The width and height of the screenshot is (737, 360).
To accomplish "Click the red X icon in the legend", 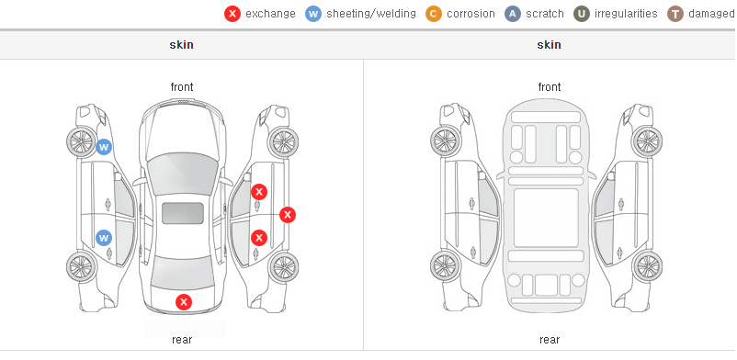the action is point(232,14).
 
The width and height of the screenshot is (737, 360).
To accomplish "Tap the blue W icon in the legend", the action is point(313,14).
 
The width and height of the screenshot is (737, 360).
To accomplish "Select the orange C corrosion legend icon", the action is point(434,14).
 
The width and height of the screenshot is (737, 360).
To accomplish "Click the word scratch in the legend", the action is point(545,14).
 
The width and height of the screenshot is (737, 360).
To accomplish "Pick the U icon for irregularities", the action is point(582,14).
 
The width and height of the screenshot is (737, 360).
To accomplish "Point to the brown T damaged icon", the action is point(675,14).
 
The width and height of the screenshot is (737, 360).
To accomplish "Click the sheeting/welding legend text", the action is point(371,14).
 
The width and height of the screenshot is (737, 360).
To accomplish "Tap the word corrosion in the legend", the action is point(471,14).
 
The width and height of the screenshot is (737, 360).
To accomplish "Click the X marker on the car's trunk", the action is point(184,302).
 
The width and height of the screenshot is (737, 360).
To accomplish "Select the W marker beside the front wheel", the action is point(104,147).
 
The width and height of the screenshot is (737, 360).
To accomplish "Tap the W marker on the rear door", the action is point(104,238).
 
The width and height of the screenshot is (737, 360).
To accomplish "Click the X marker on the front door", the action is point(259,192).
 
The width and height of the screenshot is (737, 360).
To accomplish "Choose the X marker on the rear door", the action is point(259,238).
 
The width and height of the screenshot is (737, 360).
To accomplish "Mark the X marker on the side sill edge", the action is point(288,215).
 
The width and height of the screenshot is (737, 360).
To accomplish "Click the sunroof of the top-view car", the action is point(183,213).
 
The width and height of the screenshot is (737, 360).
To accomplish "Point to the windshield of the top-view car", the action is point(183,174).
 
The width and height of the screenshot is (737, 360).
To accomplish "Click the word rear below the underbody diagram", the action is point(550,340).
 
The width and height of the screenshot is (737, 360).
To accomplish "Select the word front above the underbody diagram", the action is point(550,87).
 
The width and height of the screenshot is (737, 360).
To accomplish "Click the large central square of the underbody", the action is point(546,218).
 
